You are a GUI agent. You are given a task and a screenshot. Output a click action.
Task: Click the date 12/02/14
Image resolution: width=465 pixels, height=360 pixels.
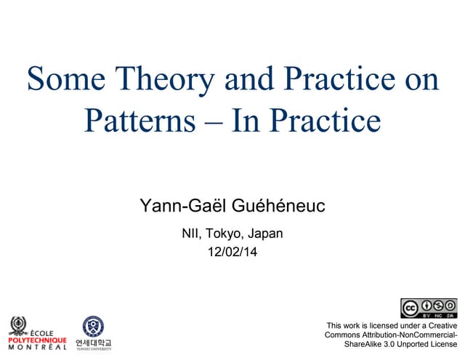pos(232,253)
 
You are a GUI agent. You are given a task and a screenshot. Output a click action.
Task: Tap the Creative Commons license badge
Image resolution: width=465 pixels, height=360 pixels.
pos(429,308)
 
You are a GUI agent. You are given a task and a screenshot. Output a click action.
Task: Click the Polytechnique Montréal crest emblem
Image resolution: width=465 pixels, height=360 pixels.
pos(18,324)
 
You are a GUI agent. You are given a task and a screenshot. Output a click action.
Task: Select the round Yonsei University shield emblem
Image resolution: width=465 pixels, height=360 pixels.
pos(93,326)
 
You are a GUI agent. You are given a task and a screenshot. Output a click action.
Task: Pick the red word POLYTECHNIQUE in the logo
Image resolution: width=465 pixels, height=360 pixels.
pos(37,339)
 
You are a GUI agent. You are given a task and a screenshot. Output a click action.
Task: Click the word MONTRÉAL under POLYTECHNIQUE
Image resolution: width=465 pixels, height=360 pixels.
pos(37,347)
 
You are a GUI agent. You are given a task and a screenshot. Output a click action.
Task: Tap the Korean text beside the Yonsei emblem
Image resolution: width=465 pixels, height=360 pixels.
pos(93,341)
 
